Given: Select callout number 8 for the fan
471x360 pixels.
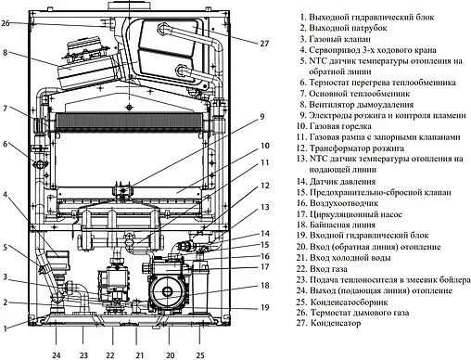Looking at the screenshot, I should click(6, 53).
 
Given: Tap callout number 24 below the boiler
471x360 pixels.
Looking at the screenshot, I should click(57, 353).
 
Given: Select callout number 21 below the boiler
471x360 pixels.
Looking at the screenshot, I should click(141, 353).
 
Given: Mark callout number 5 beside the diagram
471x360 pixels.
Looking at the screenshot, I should click(6, 247).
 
